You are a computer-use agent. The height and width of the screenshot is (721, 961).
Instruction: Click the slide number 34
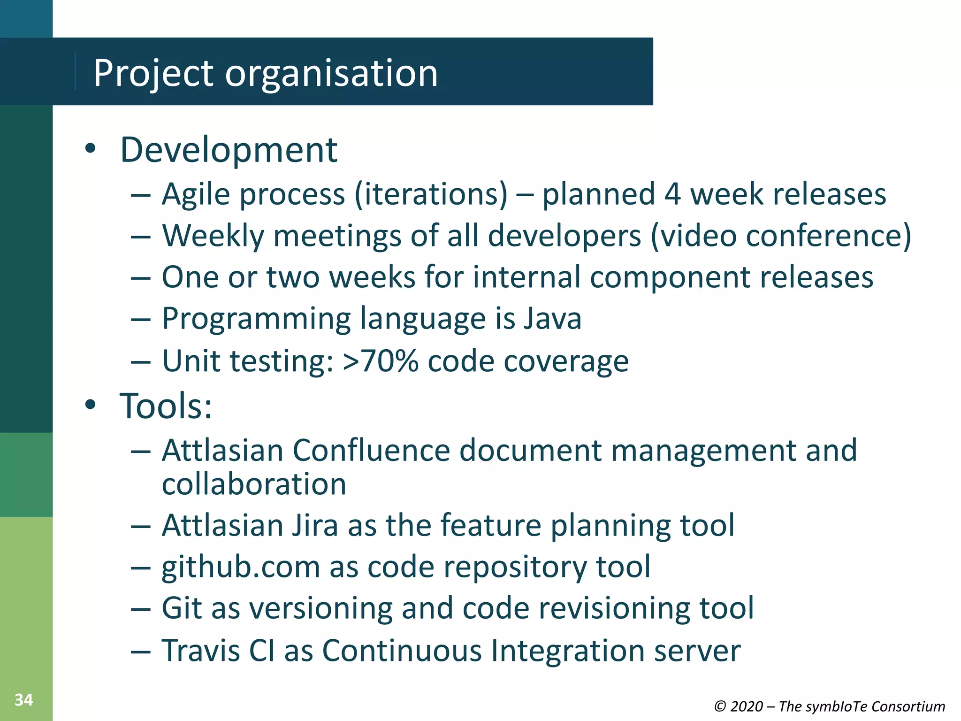(23, 700)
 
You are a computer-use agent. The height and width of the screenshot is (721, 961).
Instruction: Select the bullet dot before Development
(91, 149)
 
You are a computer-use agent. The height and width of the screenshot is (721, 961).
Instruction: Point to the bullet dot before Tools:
(91, 404)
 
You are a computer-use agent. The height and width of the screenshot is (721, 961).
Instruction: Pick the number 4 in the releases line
(672, 194)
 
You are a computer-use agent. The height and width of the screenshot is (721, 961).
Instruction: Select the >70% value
(380, 361)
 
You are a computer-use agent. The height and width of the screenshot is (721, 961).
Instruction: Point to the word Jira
(315, 525)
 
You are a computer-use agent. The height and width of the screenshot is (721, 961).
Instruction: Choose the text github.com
(241, 567)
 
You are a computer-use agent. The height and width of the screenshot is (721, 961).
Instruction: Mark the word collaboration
(254, 484)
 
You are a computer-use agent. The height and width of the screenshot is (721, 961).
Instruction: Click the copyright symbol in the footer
(720, 706)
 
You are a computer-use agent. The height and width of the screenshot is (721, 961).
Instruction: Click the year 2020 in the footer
(746, 706)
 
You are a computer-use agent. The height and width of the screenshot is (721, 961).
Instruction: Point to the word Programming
(256, 319)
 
